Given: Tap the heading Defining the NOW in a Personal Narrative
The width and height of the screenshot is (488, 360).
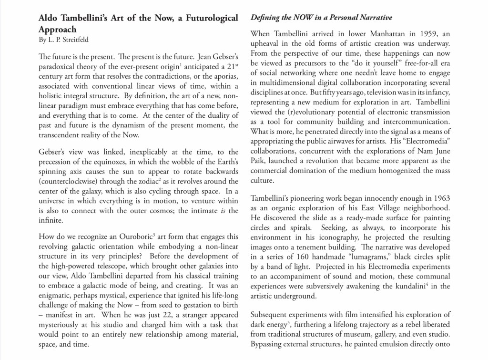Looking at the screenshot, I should [321, 18].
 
